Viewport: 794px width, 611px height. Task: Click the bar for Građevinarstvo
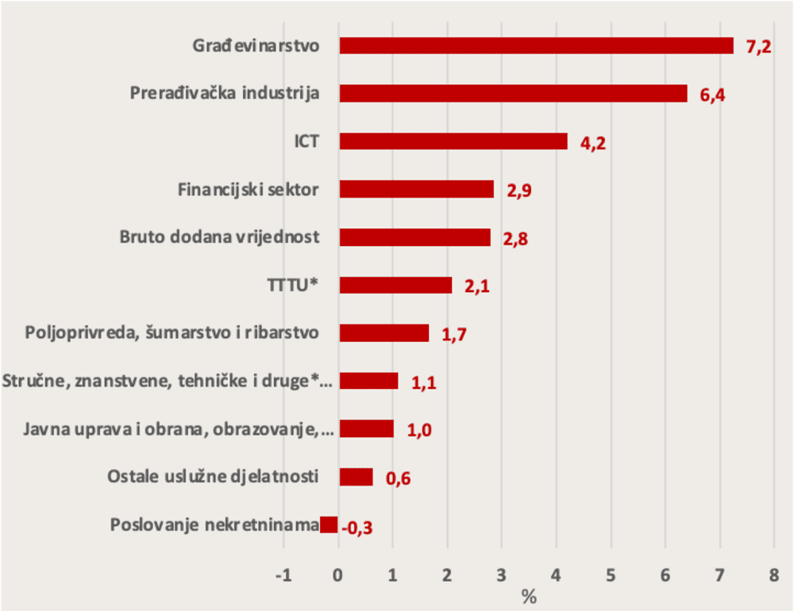[536, 45]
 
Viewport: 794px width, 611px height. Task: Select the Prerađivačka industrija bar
[514, 94]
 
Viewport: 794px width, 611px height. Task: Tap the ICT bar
[453, 141]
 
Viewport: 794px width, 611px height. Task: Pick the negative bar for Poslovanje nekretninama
[330, 525]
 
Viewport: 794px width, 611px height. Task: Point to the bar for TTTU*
[396, 285]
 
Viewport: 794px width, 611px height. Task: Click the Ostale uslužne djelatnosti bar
[356, 476]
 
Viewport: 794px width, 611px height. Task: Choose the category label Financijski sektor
[249, 190]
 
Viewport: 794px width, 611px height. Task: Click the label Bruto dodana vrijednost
[219, 236]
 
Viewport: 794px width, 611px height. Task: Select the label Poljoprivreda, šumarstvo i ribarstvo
[172, 332]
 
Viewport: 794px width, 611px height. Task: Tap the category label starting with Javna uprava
[179, 429]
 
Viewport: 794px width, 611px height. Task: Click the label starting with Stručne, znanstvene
[168, 381]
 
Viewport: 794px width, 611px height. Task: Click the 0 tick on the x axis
[339, 575]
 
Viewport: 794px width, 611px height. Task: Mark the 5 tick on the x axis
[611, 575]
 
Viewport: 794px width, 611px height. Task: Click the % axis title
[529, 597]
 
